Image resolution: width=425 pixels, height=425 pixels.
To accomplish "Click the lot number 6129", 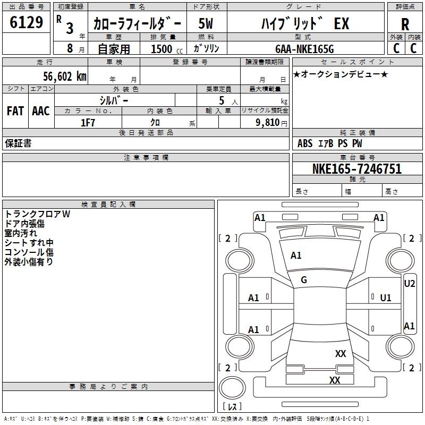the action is (26, 22).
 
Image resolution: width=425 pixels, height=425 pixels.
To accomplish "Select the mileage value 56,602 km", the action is (65, 76).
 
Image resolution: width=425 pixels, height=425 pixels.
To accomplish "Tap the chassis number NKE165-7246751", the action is (356, 169).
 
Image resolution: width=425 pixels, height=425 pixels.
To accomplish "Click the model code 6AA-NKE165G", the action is (304, 49).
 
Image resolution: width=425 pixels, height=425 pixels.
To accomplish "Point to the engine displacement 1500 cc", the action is (167, 49).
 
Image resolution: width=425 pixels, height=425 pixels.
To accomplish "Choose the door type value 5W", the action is (206, 23).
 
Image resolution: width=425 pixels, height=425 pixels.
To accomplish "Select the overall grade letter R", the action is (405, 24).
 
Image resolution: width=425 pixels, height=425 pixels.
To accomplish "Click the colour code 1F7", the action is (88, 123).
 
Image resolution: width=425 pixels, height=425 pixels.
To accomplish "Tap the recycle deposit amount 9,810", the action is (267, 123).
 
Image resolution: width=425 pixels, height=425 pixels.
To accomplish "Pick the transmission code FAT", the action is (15, 111).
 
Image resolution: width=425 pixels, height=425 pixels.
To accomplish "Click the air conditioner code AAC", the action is (41, 111).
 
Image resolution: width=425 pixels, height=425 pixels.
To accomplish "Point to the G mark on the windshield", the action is (304, 280).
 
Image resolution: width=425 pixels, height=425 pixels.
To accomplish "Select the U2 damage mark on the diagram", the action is (409, 284).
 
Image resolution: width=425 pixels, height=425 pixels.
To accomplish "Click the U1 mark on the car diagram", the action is (386, 298).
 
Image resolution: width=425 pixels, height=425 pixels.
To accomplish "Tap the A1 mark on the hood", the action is (296, 256).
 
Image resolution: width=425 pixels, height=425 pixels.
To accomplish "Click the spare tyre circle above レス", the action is (232, 387).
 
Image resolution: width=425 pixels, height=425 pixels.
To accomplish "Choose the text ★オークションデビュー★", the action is (341, 74).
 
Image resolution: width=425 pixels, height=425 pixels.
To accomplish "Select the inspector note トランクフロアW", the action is (37, 214).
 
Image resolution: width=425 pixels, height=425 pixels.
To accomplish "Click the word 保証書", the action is (18, 143).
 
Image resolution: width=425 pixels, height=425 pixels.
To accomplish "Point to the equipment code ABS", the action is (305, 143).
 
